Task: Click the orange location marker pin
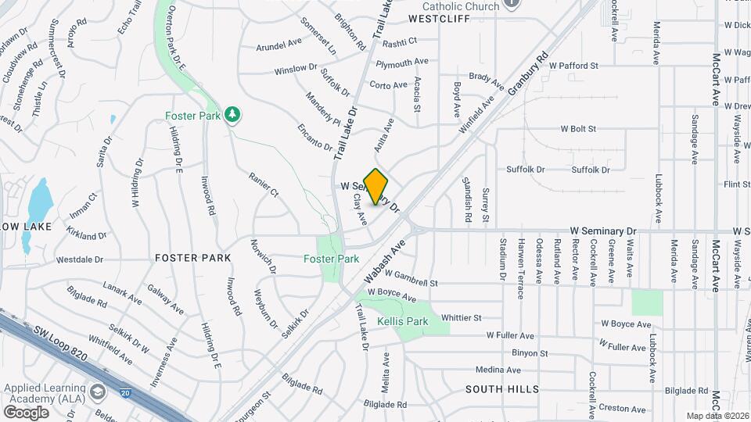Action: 376,186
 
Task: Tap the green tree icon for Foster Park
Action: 232,116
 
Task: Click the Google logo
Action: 26,412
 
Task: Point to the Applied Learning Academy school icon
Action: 98,391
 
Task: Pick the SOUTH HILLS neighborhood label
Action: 502,388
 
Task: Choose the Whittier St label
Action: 461,318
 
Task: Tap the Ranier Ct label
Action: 264,184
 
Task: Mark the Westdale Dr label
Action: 80,259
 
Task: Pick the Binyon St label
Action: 530,353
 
